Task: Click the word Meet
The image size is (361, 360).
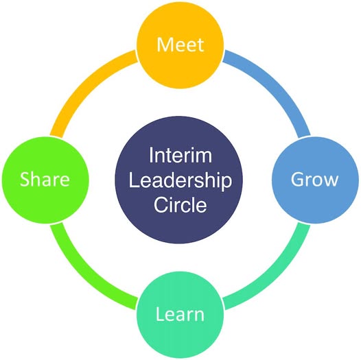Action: pyautogui.click(x=180, y=45)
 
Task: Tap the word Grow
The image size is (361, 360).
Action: pyautogui.click(x=314, y=179)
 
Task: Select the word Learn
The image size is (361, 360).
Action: pyautogui.click(x=180, y=314)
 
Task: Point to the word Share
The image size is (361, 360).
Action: pyautogui.click(x=45, y=179)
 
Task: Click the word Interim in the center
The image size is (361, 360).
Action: pyautogui.click(x=180, y=155)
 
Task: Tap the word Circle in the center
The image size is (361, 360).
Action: pyautogui.click(x=180, y=204)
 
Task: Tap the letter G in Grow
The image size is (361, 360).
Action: pyautogui.click(x=297, y=179)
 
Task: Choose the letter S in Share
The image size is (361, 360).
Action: pyautogui.click(x=25, y=179)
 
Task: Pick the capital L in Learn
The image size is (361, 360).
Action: pyautogui.click(x=160, y=314)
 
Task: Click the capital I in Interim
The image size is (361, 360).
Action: pyautogui.click(x=151, y=155)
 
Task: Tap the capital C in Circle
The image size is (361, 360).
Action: pyautogui.click(x=161, y=204)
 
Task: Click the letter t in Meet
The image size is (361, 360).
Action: pyautogui.click(x=200, y=45)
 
